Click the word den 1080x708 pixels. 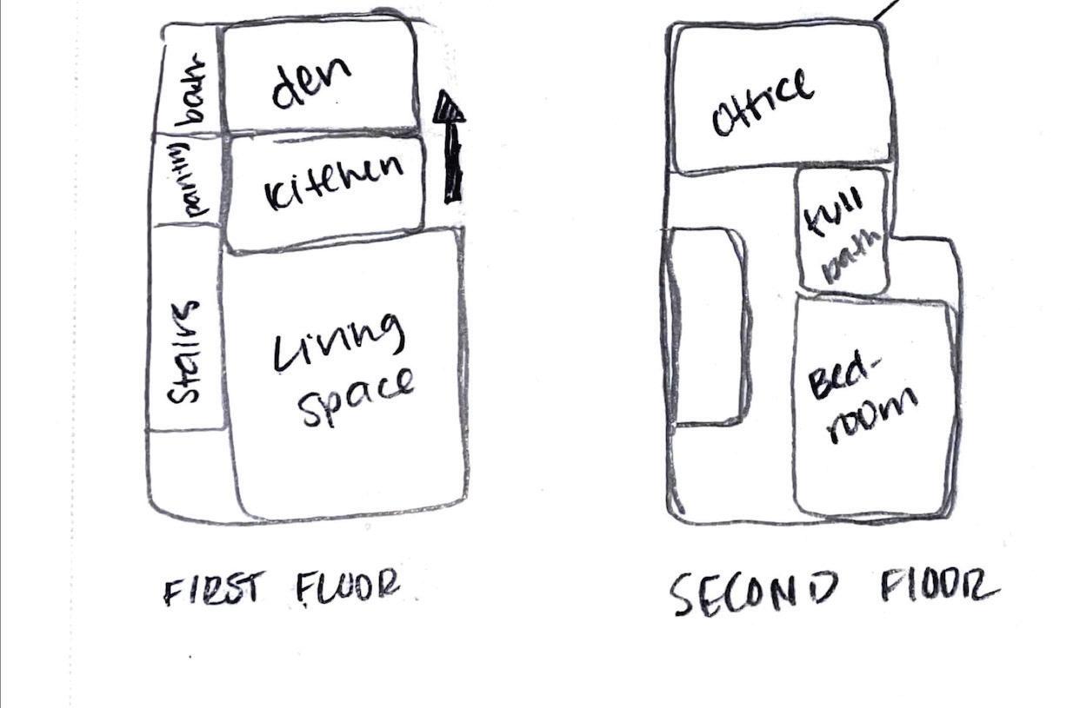(310, 82)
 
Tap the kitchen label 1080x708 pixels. (333, 182)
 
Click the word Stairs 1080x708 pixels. (184, 352)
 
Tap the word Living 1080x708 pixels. (340, 344)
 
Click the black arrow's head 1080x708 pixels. (449, 108)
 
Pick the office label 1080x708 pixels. (763, 105)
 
